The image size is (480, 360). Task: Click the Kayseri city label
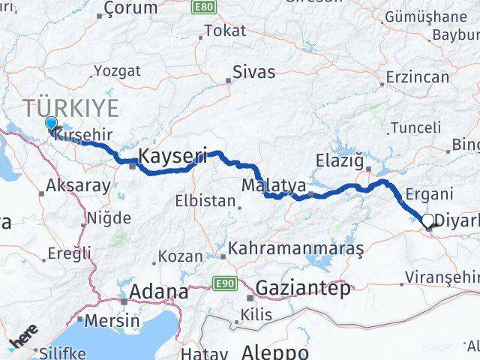(x=172, y=155)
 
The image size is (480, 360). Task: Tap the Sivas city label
(x=253, y=73)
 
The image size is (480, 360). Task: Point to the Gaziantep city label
(x=303, y=287)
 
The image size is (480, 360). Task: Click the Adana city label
(x=159, y=292)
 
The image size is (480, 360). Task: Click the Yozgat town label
(x=116, y=72)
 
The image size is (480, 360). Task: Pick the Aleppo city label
(x=275, y=352)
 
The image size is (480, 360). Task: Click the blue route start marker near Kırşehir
(x=50, y=123)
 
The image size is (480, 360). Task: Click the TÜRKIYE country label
(x=70, y=108)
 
